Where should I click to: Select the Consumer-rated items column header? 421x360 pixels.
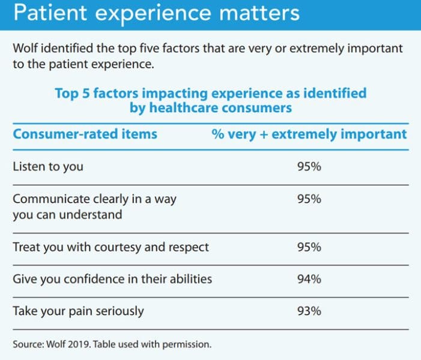coord(85,133)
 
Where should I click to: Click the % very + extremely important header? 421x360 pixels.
coord(309,133)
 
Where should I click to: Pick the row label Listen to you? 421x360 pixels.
coord(47,167)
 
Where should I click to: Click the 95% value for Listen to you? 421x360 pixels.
coord(309,167)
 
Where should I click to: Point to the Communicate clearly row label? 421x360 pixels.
coord(94,199)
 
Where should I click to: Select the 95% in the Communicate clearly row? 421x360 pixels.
coord(309,199)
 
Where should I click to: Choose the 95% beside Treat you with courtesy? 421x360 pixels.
coord(309,247)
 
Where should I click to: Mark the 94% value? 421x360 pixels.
coord(309,279)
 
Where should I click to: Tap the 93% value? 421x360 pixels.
coord(309,311)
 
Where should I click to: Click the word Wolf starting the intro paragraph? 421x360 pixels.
coord(26,48)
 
